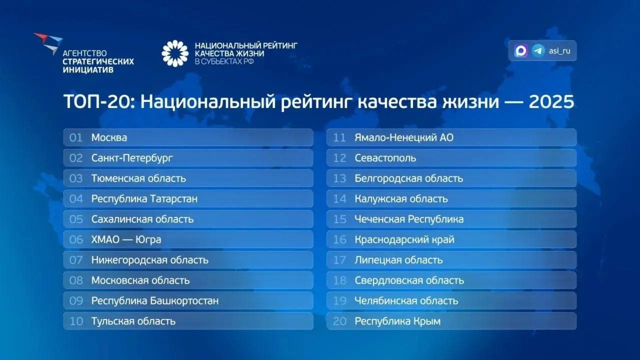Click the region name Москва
point(109,138)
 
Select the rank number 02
point(76,158)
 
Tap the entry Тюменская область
point(138,178)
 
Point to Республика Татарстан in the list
point(144,199)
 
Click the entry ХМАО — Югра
point(126,240)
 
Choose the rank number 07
point(76,260)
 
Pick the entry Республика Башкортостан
point(155,301)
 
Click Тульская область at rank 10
point(133,321)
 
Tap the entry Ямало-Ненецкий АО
point(404,138)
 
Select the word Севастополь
point(385,158)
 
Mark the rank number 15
point(340,219)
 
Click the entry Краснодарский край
point(404,240)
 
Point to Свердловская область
point(409,280)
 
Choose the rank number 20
point(340,321)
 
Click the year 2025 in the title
point(551,102)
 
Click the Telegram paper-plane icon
point(538,51)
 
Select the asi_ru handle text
point(559,51)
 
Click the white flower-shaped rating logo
point(175,53)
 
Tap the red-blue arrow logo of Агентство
point(49,42)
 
